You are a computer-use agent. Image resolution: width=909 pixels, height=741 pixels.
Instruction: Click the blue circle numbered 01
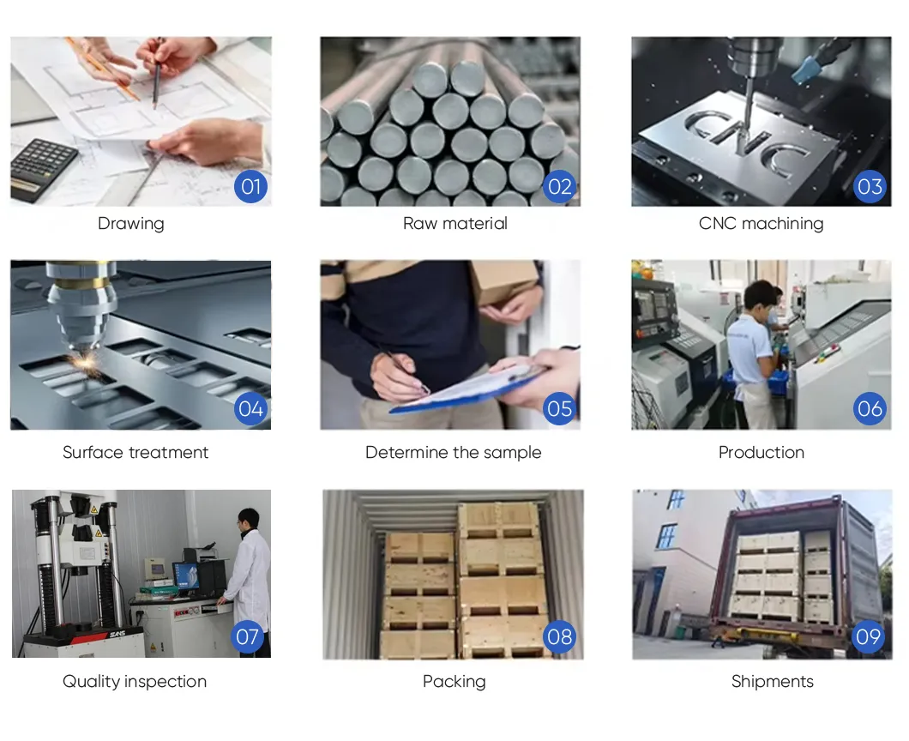pyautogui.click(x=250, y=186)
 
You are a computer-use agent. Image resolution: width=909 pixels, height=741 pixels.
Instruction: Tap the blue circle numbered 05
pyautogui.click(x=559, y=409)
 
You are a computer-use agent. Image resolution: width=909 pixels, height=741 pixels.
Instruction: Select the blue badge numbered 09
pyautogui.click(x=868, y=636)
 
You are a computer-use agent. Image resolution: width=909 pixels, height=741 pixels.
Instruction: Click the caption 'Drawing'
pyautogui.click(x=130, y=224)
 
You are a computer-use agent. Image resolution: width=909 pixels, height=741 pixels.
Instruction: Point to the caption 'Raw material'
pyautogui.click(x=455, y=224)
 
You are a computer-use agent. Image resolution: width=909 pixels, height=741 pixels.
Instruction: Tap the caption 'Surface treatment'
pyautogui.click(x=135, y=453)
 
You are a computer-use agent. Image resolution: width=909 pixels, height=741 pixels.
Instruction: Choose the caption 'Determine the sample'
pyautogui.click(x=454, y=453)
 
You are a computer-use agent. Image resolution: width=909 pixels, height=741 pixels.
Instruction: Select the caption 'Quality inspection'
pyautogui.click(x=135, y=682)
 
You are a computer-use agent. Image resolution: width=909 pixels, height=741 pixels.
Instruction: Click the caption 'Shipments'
pyautogui.click(x=772, y=682)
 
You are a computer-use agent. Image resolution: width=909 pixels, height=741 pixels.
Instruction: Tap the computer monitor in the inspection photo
pyautogui.click(x=186, y=575)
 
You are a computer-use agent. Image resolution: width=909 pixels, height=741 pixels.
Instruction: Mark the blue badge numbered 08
pyautogui.click(x=559, y=636)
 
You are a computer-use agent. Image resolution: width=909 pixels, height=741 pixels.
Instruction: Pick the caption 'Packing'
pyautogui.click(x=454, y=682)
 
